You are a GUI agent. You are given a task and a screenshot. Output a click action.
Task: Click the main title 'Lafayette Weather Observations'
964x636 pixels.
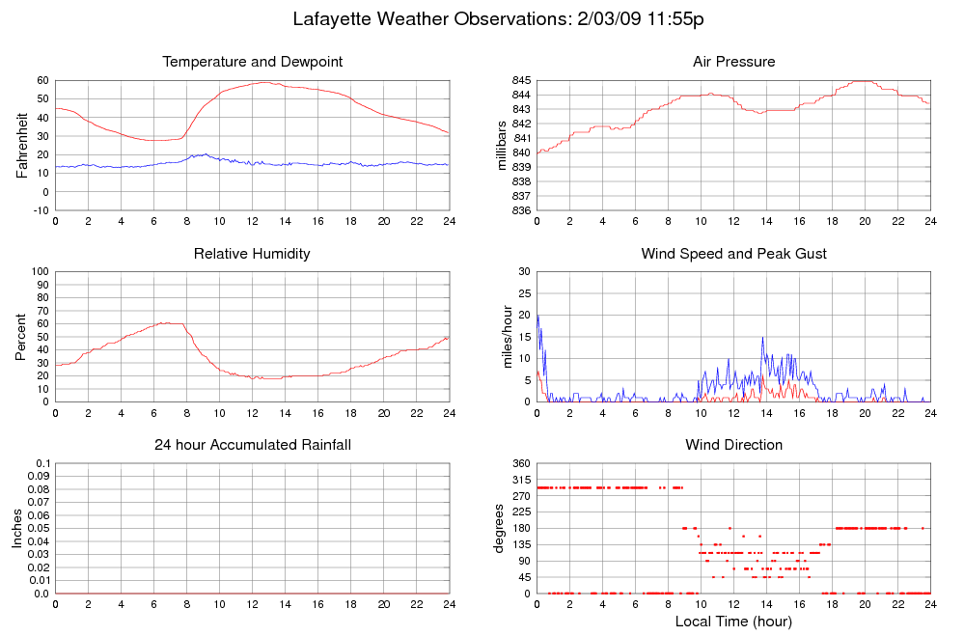pos(485,18)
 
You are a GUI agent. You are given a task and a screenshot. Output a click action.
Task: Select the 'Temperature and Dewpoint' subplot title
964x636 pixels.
pos(253,62)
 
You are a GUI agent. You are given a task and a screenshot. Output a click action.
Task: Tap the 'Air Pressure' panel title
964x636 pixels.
pos(733,62)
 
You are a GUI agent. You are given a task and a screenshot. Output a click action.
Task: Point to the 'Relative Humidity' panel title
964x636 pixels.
pos(253,254)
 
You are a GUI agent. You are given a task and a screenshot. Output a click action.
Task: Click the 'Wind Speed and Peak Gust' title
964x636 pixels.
pos(733,254)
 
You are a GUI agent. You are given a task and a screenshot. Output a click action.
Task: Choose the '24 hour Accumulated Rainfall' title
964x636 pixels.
pos(253,445)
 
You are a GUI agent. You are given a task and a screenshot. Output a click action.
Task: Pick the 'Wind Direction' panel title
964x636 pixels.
pos(733,445)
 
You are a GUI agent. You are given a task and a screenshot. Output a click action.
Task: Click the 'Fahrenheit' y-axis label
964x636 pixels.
pos(21,145)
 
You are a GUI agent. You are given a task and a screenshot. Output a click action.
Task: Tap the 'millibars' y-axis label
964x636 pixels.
pos(502,145)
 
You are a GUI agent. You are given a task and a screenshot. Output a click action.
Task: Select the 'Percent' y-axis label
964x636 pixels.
pos(21,337)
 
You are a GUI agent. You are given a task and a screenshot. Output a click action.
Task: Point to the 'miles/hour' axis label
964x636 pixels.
pos(502,337)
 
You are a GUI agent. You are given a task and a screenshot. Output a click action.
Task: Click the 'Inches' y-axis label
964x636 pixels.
pos(17,529)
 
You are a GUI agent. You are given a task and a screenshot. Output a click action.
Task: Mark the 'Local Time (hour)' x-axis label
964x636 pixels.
pos(733,622)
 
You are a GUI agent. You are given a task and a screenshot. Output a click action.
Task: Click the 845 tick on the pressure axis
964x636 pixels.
pos(521,80)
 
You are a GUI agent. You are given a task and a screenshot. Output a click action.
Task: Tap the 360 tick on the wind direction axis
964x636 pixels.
pos(521,464)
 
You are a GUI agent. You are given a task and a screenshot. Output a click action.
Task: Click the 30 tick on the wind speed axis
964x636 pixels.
pos(525,272)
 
